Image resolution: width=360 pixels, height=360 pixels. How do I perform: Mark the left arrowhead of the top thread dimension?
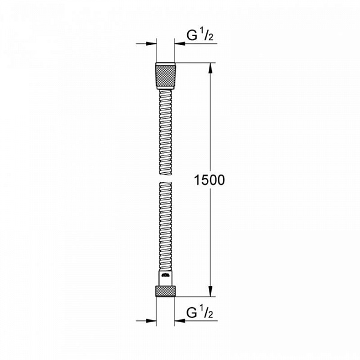(150, 43)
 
